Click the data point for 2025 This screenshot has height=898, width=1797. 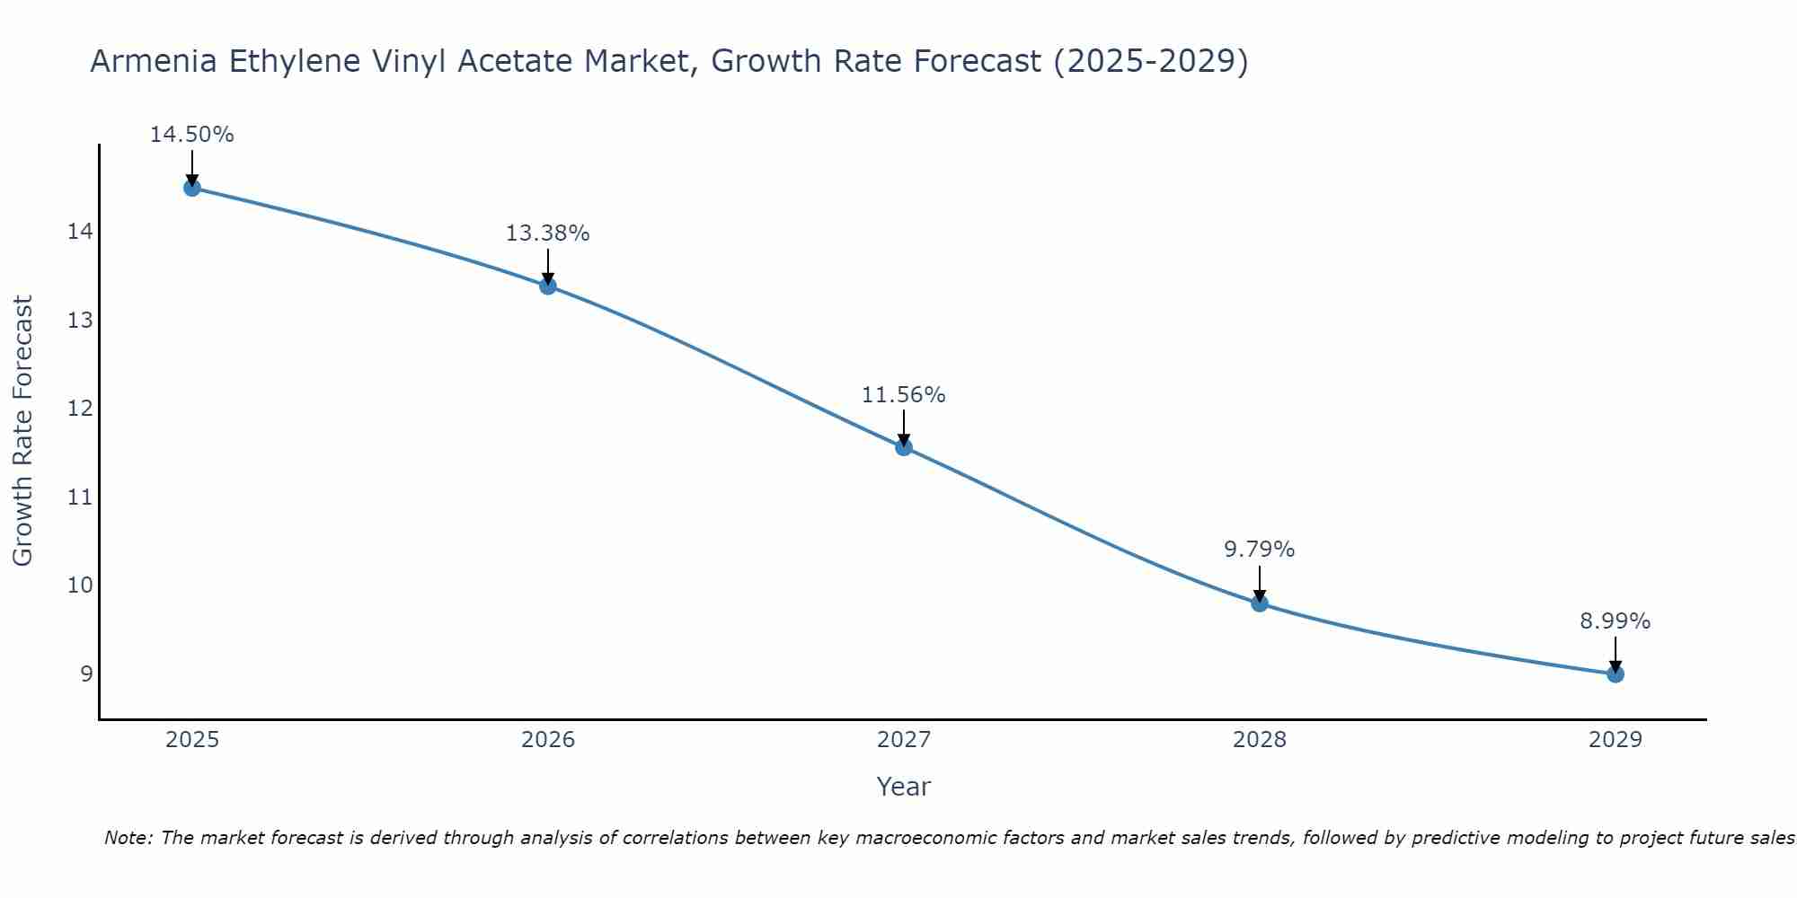191,188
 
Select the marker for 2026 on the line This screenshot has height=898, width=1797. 548,286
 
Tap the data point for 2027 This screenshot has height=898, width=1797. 904,447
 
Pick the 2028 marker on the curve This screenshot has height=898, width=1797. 1260,603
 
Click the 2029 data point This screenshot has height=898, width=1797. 1616,673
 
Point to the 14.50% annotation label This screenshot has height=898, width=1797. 191,135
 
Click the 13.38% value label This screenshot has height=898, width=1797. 548,233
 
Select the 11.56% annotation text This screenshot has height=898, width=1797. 904,395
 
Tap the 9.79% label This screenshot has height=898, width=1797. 1260,550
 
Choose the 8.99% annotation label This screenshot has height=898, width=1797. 1616,621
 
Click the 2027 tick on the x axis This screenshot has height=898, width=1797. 904,740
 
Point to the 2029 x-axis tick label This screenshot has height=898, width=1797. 1616,740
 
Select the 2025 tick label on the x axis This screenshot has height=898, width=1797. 192,740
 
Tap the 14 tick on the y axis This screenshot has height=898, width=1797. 80,232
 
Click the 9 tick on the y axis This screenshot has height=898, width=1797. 86,673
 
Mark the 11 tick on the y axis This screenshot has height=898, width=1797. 80,497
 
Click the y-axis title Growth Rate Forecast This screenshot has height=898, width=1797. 22,431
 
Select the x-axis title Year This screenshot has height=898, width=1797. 904,787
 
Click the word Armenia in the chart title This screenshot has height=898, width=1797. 151,62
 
